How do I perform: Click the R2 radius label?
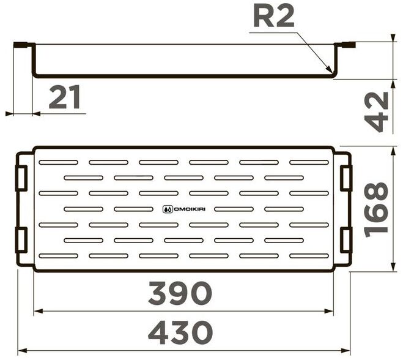(x=273, y=18)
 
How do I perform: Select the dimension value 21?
(x=65, y=97)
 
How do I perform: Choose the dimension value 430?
(x=181, y=334)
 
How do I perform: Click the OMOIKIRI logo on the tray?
(x=184, y=209)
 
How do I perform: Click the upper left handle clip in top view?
(x=21, y=177)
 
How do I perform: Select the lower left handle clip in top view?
(x=21, y=239)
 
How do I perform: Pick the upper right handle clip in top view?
(x=346, y=177)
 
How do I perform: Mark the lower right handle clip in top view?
(x=346, y=239)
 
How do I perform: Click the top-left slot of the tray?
(x=58, y=162)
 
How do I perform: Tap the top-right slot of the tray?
(x=309, y=162)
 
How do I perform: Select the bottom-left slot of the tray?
(x=58, y=255)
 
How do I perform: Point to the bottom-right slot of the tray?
(x=309, y=255)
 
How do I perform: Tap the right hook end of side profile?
(x=348, y=44)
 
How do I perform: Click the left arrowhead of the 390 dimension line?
(x=36, y=310)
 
